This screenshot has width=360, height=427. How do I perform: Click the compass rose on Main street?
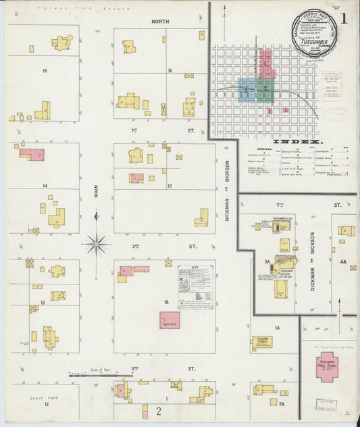(97, 243)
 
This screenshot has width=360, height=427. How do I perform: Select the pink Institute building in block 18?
(170, 320)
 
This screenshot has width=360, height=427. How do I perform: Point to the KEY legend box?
(195, 287)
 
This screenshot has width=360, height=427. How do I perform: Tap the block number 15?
(45, 71)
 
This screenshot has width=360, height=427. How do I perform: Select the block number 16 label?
(170, 71)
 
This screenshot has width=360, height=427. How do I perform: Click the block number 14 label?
(45, 185)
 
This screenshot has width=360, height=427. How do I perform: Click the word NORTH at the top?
(160, 22)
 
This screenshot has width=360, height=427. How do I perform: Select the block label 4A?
(343, 261)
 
